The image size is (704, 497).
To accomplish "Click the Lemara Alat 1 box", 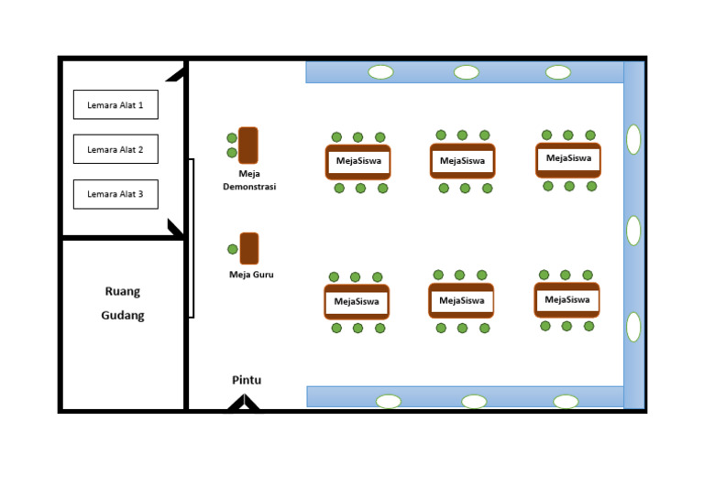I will tap(115, 104).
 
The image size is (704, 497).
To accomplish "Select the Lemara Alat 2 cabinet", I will tap(115, 149).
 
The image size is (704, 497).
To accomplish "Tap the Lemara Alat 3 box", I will tap(115, 194).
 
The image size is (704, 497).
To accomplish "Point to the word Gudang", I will tap(123, 316).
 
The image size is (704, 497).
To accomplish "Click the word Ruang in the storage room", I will tap(123, 292).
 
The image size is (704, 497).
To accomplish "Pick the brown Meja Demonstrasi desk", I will tap(247, 145).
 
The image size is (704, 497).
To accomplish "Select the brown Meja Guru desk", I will tap(248, 248).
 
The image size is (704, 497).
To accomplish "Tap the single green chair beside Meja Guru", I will tap(233, 249).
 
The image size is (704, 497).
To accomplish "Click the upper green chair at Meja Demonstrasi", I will tap(232, 138).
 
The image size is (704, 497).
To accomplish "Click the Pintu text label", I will tap(246, 380).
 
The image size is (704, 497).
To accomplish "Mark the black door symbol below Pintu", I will tap(243, 404).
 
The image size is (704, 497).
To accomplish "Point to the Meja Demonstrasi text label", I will tap(249, 180).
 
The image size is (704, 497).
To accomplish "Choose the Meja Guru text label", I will tap(251, 275).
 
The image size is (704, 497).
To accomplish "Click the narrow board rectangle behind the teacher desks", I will tap(192, 238).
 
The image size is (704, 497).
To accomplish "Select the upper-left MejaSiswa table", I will tap(357, 162).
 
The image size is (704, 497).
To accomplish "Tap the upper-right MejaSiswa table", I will tap(568, 158).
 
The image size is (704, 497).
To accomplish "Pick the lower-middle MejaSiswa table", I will tap(461, 300).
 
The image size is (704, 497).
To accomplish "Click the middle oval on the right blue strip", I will tap(633, 231).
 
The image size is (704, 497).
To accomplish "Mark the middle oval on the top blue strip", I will tap(467, 72).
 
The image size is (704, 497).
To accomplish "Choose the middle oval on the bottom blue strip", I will tap(474, 401).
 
